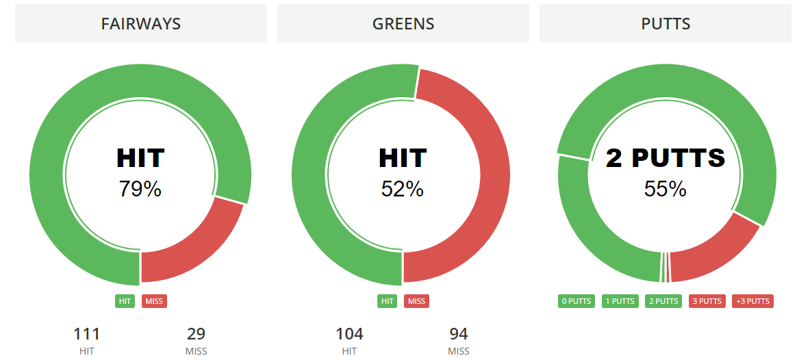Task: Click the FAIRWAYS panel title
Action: tap(140, 24)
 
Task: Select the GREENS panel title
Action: tap(403, 24)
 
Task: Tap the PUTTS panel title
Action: tap(666, 24)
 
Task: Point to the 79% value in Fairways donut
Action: tap(140, 189)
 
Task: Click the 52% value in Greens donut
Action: tap(403, 189)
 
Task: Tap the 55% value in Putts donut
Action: tap(666, 189)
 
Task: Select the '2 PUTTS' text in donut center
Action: tap(666, 159)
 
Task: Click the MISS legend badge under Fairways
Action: tap(155, 301)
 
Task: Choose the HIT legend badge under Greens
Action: tap(387, 301)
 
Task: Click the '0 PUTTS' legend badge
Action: tap(577, 301)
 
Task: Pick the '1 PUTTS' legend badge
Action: tap(620, 301)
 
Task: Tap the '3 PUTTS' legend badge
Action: tap(707, 301)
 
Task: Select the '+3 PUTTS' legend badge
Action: tap(753, 301)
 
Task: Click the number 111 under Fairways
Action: tap(87, 335)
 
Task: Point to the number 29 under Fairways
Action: tap(196, 335)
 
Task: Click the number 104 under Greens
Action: tap(349, 335)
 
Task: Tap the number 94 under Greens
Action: tap(459, 335)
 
